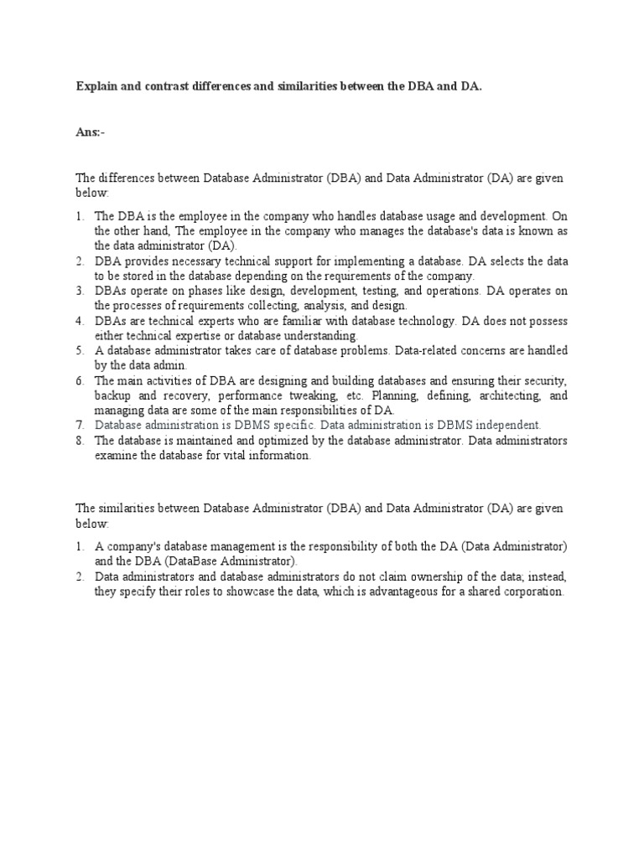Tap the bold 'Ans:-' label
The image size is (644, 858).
coord(91,132)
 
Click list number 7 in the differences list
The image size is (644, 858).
coord(80,426)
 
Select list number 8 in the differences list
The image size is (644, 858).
coord(80,441)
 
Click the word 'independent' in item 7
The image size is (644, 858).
coord(509,426)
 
